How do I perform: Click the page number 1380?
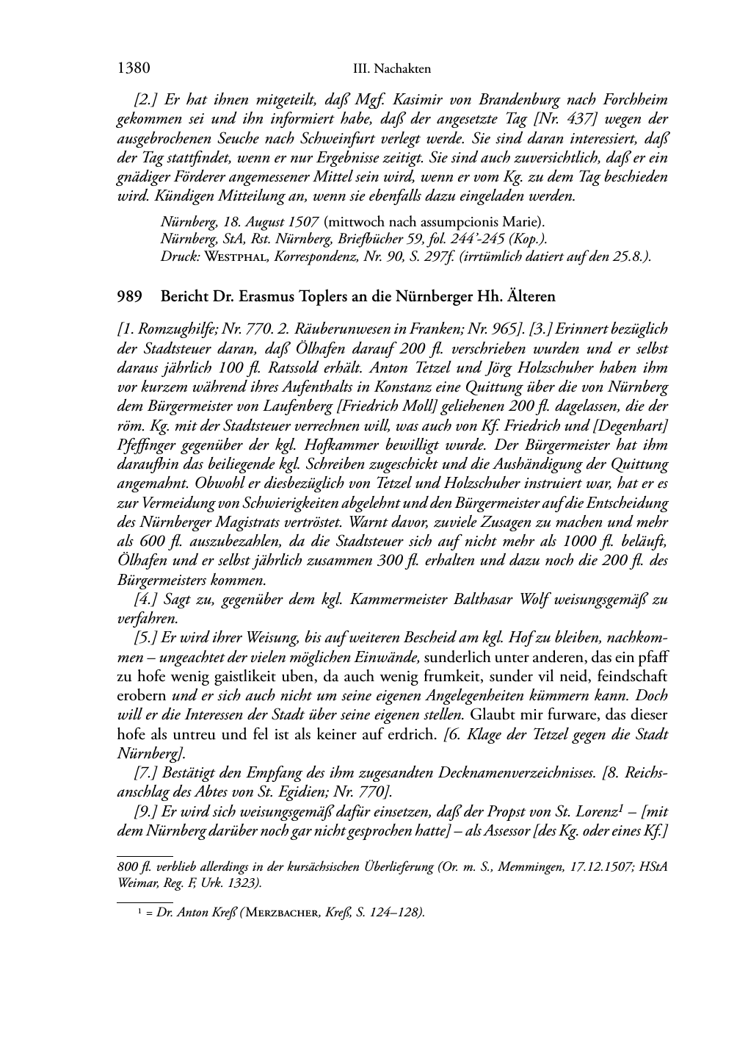point(134,68)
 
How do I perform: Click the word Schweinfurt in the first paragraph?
point(311,138)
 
